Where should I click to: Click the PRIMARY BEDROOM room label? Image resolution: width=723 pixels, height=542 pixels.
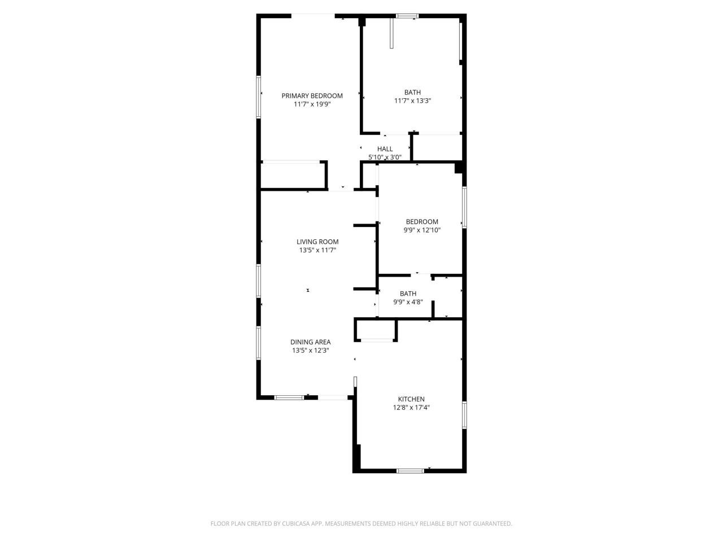312,95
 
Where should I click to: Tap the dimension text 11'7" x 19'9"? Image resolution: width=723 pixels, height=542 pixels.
312,104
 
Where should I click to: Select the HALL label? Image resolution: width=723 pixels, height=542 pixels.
385,149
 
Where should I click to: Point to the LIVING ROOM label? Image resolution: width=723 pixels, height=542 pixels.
317,242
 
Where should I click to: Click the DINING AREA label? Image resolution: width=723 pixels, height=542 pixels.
310,342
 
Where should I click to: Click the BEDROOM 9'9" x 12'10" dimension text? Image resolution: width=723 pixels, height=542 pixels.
421,230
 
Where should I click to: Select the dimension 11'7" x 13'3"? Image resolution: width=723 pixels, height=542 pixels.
412,100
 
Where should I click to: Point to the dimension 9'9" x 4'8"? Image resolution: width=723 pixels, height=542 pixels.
408,301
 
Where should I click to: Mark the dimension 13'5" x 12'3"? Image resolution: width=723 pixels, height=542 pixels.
310,350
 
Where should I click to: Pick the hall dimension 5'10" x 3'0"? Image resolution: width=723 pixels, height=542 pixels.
385,158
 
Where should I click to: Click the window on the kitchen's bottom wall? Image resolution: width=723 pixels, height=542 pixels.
410,470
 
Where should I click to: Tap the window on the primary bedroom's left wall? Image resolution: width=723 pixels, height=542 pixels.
259,97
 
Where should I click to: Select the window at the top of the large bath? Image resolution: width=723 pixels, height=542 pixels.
406,16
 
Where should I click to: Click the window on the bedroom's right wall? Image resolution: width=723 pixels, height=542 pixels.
464,207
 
